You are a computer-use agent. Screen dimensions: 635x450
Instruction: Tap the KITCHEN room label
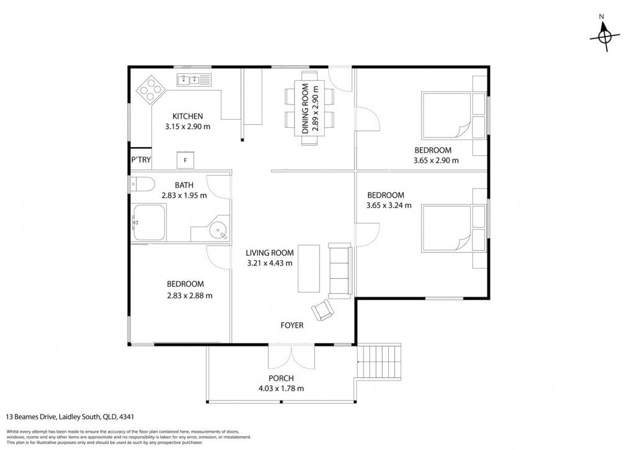187,116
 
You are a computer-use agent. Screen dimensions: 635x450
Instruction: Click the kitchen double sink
194,79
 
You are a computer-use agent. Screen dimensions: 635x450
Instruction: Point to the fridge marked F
185,160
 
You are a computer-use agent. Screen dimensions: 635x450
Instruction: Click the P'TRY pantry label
141,160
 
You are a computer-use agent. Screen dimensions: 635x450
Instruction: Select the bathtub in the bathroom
149,223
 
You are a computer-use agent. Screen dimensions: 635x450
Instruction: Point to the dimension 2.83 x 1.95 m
184,196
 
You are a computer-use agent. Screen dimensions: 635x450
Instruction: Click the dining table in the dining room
310,109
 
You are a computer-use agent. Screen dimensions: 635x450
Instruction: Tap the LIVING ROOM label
270,253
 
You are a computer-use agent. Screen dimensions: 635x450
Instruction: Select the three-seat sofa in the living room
340,271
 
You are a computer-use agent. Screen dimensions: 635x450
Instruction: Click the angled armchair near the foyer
322,310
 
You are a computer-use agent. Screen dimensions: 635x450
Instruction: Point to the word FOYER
292,325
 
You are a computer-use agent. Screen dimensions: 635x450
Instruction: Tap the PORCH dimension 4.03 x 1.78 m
281,389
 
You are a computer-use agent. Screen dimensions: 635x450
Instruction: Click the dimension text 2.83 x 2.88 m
190,295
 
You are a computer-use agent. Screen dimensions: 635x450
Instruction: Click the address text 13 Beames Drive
32,416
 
